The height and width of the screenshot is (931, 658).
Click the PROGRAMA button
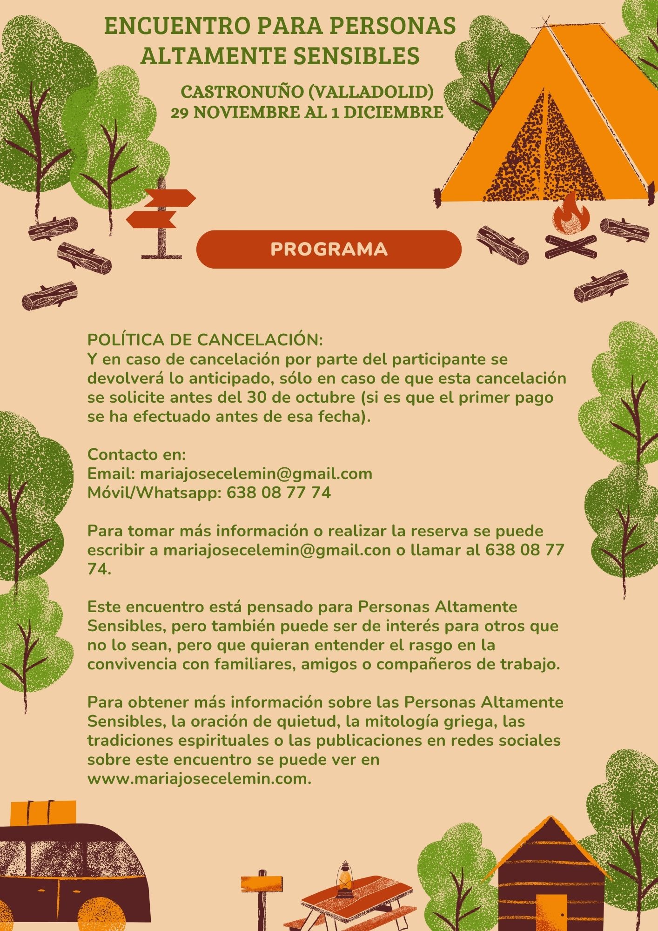click(x=329, y=249)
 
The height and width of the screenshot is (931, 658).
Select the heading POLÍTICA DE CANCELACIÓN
click(x=205, y=339)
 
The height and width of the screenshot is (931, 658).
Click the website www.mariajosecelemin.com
click(x=199, y=779)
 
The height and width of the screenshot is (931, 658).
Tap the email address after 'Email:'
click(x=256, y=473)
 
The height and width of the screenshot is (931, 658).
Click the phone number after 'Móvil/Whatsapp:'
click(x=279, y=492)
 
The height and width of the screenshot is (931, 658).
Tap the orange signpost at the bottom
click(x=262, y=883)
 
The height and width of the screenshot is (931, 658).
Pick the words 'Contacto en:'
click(x=137, y=454)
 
